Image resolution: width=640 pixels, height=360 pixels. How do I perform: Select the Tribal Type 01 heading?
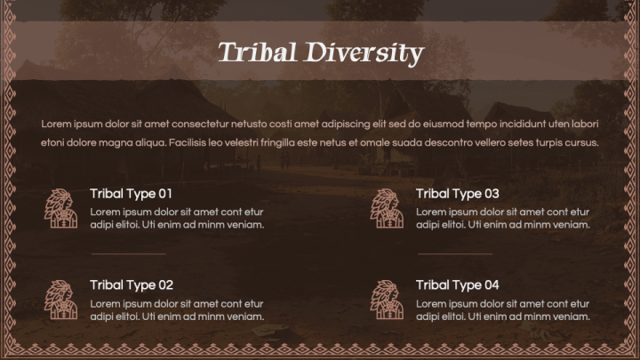[131, 193]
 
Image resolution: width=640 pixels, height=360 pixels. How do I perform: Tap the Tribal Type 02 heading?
[131, 284]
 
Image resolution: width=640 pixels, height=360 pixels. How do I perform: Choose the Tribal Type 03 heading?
[457, 193]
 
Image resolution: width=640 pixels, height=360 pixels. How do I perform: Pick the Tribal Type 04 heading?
[457, 284]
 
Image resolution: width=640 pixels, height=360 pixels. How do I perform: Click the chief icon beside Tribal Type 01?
[61, 208]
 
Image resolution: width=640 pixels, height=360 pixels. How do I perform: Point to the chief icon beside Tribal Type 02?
[61, 300]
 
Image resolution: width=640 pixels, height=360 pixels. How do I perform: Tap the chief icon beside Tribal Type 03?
[388, 208]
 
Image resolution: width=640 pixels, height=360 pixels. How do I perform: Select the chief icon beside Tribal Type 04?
[388, 300]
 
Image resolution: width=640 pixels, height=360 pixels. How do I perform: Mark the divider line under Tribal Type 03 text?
[454, 253]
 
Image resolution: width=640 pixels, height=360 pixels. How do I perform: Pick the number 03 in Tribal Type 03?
[491, 193]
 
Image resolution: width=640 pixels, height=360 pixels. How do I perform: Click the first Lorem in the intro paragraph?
[55, 124]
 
